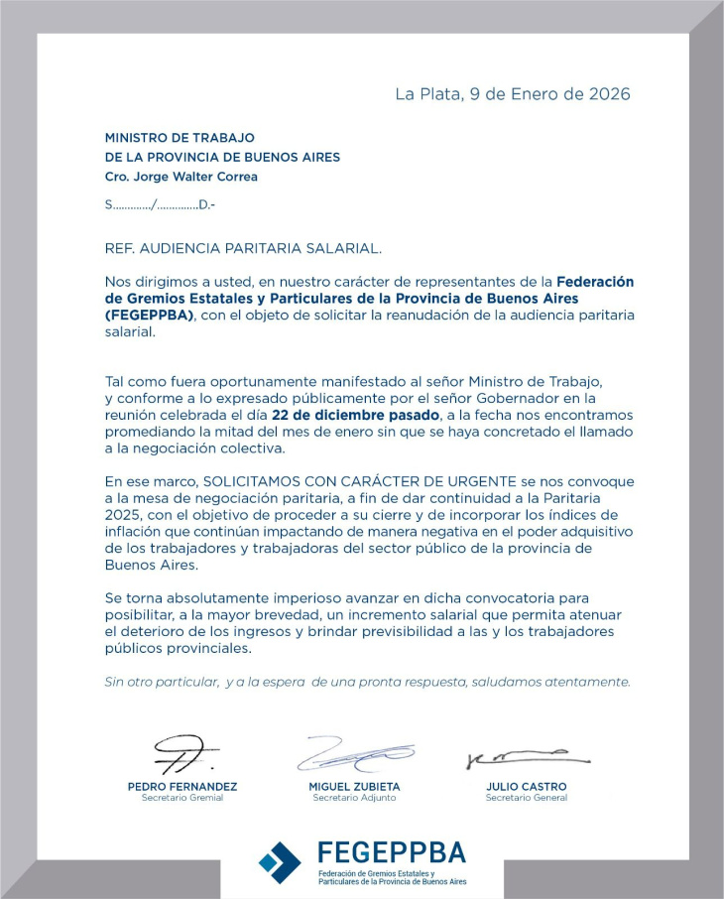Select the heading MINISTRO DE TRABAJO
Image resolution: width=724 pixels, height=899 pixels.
tap(180, 138)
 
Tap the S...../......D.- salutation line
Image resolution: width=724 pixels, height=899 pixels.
tap(159, 204)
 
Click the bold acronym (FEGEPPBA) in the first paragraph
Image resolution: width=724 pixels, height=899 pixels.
tap(151, 315)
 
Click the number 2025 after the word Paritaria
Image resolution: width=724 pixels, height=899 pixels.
tap(127, 515)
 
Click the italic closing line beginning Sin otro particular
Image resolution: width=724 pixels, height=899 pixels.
tap(367, 682)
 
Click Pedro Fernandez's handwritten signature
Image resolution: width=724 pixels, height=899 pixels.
tap(184, 754)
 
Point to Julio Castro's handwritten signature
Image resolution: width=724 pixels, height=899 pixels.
tap(527, 759)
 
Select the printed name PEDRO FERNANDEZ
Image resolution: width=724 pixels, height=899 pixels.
tap(182, 787)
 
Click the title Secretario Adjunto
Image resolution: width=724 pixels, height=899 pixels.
tap(354, 798)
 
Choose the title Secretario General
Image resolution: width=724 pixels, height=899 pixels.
tap(527, 798)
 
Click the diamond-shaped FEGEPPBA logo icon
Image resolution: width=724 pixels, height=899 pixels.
tap(280, 861)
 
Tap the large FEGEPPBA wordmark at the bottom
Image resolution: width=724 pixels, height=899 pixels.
tap(391, 852)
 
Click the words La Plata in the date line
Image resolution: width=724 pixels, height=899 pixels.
tap(426, 94)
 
